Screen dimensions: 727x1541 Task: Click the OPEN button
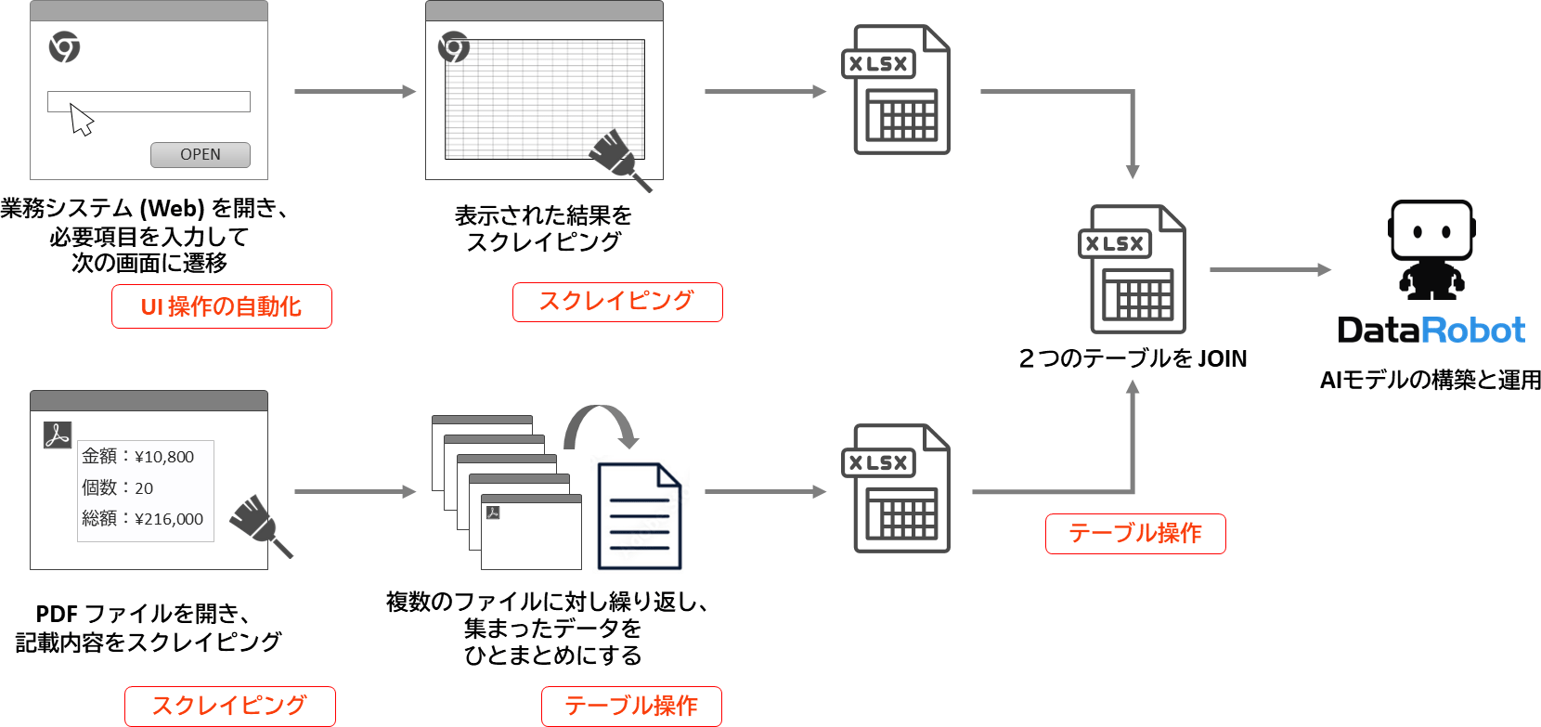[201, 155]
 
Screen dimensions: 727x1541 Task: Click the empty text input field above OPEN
[149, 101]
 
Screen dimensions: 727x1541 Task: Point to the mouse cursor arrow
[82, 120]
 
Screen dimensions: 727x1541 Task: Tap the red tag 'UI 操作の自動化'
[221, 306]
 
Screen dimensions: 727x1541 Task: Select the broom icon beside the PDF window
[259, 526]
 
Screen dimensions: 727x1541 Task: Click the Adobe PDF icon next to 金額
[58, 435]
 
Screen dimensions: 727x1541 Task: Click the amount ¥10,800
[164, 457]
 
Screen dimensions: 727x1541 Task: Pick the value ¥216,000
[169, 519]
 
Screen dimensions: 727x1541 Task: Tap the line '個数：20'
[118, 487]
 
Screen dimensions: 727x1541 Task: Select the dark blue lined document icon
[640, 516]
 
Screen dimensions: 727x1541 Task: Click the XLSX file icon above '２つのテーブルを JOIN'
[1132, 269]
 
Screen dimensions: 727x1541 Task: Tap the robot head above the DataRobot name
[1431, 231]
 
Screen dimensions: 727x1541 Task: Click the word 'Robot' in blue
[1473, 331]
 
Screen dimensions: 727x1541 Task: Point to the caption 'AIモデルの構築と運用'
[1431, 380]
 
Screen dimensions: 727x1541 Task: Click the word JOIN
[1222, 358]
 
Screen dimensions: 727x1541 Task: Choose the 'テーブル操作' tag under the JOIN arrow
[1135, 533]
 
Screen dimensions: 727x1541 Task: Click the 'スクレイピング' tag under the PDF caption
[229, 706]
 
